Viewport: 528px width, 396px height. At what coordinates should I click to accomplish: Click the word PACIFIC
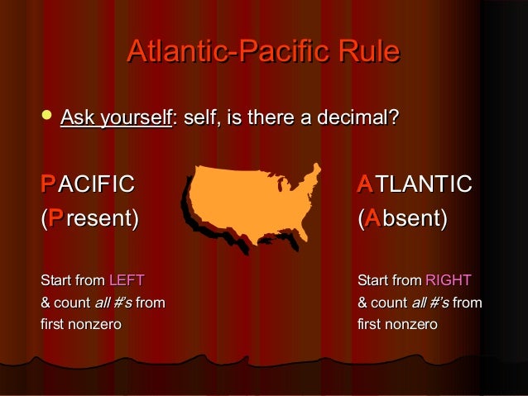pyautogui.click(x=88, y=184)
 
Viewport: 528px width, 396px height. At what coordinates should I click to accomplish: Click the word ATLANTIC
pyautogui.click(x=415, y=184)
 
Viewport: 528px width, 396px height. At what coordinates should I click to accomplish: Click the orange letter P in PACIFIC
pyautogui.click(x=48, y=184)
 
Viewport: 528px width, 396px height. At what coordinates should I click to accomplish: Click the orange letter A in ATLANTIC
pyautogui.click(x=364, y=184)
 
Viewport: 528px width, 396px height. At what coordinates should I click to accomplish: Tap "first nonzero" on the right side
pyautogui.click(x=396, y=324)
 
